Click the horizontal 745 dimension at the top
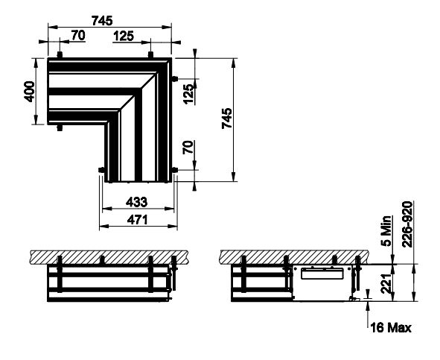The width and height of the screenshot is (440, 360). coord(102,21)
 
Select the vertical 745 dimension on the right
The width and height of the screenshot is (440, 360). coord(227,118)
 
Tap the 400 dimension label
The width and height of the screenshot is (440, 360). coord(29,92)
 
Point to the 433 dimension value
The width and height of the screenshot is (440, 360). coord(136,202)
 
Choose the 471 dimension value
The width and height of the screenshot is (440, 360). coord(137,220)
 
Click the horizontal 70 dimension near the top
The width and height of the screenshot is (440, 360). coord(78,36)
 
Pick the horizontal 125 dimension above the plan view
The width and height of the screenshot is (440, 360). coord(124,36)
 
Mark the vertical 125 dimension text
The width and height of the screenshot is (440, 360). coord(189,94)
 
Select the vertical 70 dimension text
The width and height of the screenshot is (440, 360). coord(188,147)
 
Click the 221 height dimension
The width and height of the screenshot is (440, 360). coord(386,283)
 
